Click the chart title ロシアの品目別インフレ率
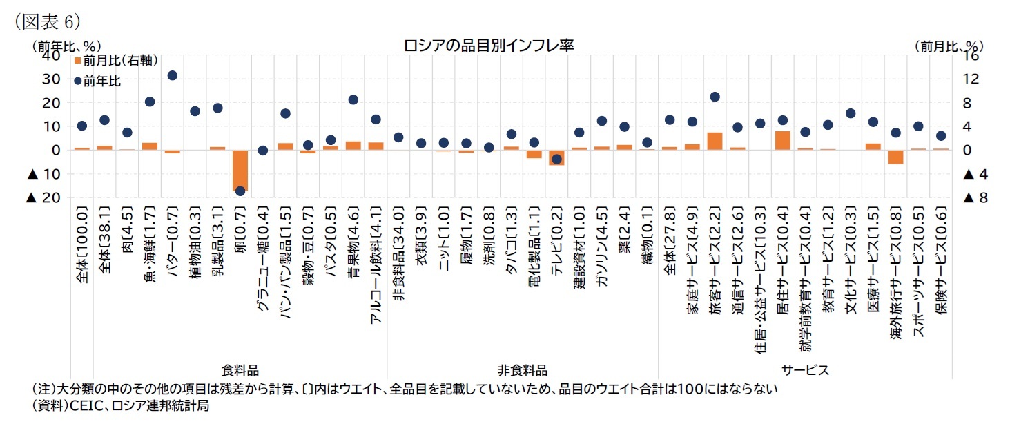click(x=489, y=46)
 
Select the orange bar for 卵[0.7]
click(x=240, y=170)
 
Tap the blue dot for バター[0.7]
click(x=173, y=75)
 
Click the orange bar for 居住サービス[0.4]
click(x=783, y=140)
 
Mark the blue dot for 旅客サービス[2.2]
click(x=715, y=97)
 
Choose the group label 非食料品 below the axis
click(x=522, y=370)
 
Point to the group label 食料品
click(x=240, y=370)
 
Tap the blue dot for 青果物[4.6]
click(x=353, y=99)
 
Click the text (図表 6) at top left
click(x=43, y=20)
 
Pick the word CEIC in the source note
click(x=84, y=406)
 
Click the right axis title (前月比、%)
click(x=949, y=46)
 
